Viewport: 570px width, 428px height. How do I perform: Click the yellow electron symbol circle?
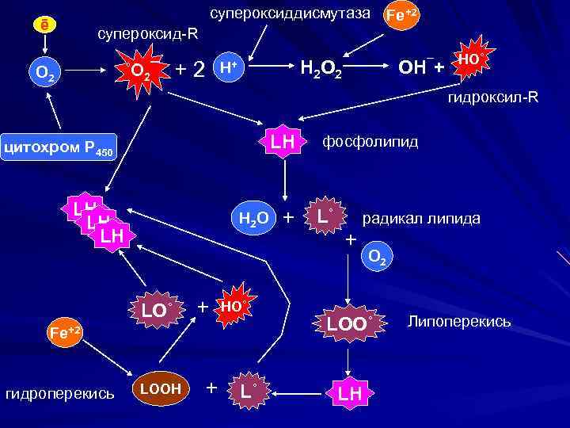(x=46, y=25)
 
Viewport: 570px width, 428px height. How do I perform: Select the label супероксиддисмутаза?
(x=290, y=13)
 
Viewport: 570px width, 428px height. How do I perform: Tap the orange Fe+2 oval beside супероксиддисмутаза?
(x=401, y=14)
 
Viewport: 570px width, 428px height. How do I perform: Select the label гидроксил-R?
(x=492, y=98)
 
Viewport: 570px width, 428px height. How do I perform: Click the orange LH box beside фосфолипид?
(x=283, y=142)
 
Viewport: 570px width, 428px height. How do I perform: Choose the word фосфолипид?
(x=370, y=142)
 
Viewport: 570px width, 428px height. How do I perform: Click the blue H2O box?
(x=253, y=217)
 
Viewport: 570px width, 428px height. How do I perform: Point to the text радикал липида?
(x=421, y=218)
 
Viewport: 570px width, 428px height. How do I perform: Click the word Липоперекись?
(x=458, y=322)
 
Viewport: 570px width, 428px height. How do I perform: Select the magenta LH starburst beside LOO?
(x=349, y=392)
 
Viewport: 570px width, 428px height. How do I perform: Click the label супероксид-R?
(x=147, y=35)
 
